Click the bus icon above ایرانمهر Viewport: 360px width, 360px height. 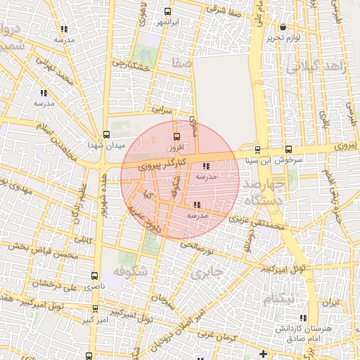click(167, 12)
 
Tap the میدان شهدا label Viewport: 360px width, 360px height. click(105, 145)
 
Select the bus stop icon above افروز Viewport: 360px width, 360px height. click(176, 137)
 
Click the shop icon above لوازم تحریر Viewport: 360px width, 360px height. click(283, 27)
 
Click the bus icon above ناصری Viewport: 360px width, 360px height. click(94, 276)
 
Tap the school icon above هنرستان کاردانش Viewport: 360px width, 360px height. click(304, 318)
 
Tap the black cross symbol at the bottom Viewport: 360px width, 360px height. click(263, 354)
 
